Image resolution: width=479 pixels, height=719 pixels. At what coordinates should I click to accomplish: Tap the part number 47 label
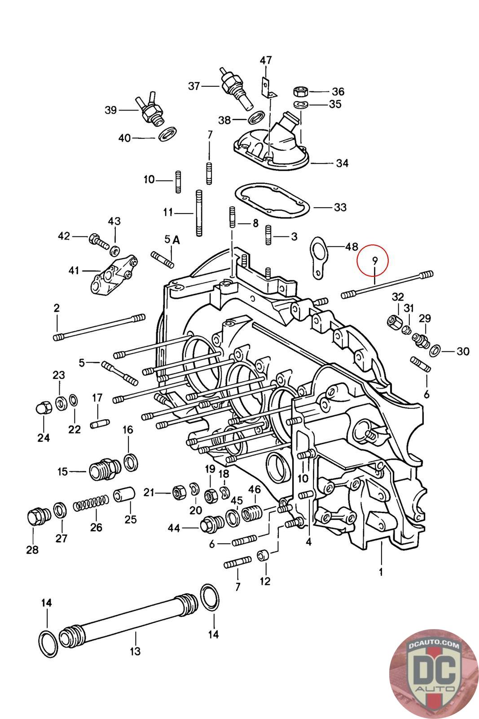point(265,60)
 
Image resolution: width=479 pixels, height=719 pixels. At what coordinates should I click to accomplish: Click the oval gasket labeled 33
point(272,200)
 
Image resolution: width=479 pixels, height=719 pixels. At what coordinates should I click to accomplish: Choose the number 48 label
point(352,247)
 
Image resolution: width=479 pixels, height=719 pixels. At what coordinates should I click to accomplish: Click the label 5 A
point(172,240)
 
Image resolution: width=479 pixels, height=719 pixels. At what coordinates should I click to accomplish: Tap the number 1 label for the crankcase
point(381,572)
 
